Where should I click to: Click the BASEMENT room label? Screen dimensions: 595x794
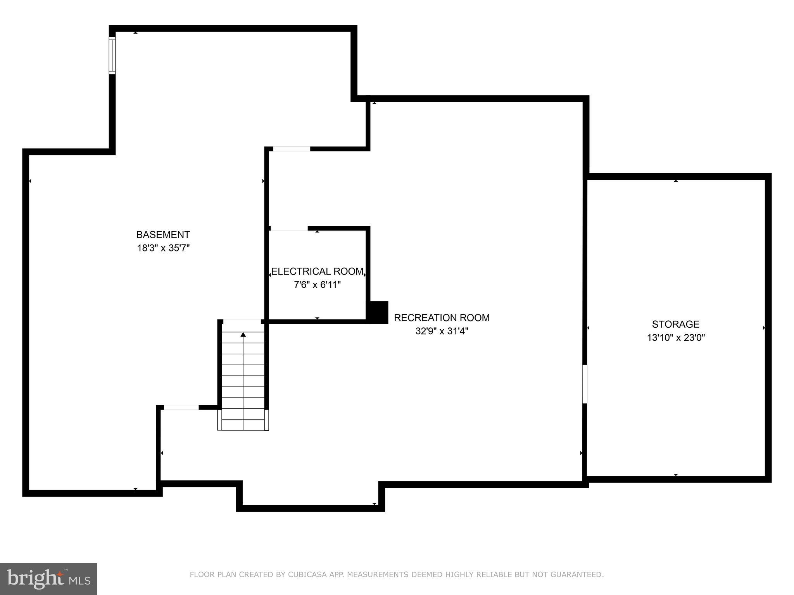pyautogui.click(x=163, y=235)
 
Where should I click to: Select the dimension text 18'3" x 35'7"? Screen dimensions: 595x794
pyautogui.click(x=163, y=248)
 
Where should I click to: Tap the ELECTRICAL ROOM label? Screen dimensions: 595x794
pyautogui.click(x=317, y=272)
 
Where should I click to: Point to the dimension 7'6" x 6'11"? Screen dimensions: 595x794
pyautogui.click(x=317, y=285)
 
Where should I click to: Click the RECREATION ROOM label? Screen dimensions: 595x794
pyautogui.click(x=442, y=318)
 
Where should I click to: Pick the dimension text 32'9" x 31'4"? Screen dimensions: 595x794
pyautogui.click(x=442, y=331)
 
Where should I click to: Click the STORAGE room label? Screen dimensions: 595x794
pyautogui.click(x=675, y=324)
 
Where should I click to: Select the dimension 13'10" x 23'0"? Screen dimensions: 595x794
pyautogui.click(x=675, y=337)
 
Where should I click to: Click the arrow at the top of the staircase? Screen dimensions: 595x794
pyautogui.click(x=243, y=334)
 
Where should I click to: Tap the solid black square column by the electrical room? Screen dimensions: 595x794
pyautogui.click(x=377, y=312)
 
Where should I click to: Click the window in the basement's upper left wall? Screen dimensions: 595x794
pyautogui.click(x=112, y=55)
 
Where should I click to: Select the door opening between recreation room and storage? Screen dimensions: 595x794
pyautogui.click(x=585, y=384)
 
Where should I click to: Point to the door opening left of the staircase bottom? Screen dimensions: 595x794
pyautogui.click(x=181, y=407)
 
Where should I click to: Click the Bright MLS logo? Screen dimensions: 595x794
pyautogui.click(x=48, y=579)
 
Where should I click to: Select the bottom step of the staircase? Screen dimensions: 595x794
pyautogui.click(x=243, y=425)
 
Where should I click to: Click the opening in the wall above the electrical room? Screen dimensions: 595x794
pyautogui.click(x=292, y=149)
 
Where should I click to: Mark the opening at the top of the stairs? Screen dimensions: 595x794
pyautogui.click(x=242, y=321)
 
